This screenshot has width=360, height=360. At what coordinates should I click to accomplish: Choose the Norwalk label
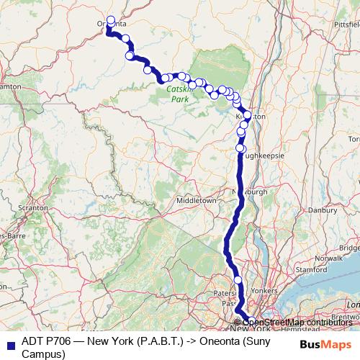(330, 257)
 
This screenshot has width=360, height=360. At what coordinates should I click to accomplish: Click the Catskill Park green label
(177, 94)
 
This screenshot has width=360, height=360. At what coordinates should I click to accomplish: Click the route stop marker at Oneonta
(110, 21)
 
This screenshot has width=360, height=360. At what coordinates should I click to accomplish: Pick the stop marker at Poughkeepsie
(240, 148)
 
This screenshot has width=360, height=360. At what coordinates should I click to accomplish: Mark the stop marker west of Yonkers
(238, 279)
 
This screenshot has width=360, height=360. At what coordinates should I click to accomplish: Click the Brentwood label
(346, 315)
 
